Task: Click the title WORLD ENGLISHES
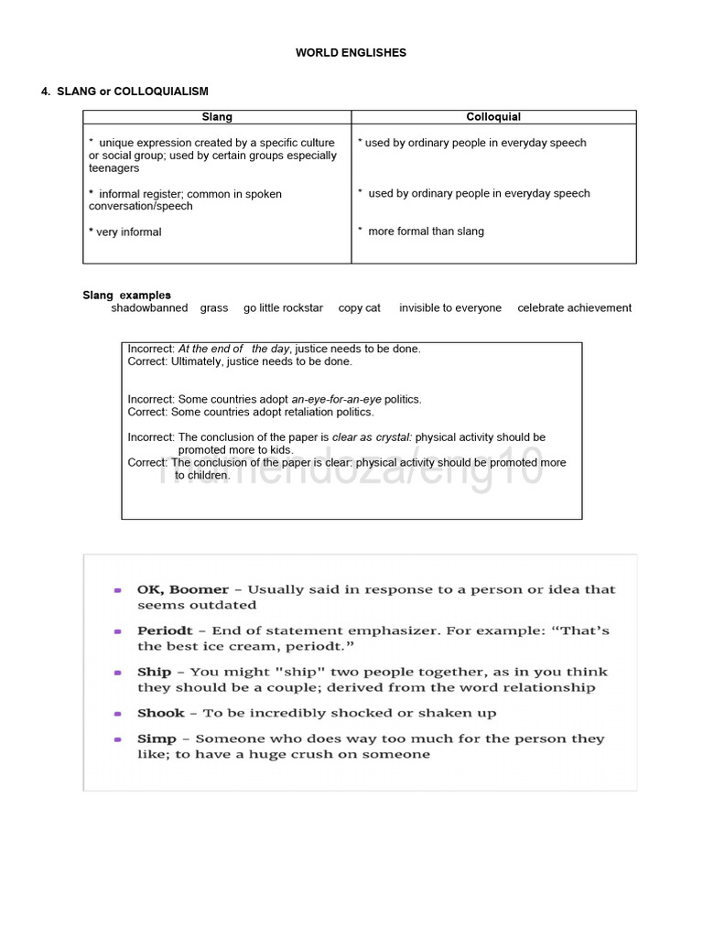click(351, 53)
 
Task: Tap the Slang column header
click(217, 117)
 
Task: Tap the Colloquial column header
click(493, 117)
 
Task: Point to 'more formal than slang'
click(426, 232)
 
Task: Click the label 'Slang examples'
click(126, 296)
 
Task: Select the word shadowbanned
click(149, 308)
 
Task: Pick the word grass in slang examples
click(214, 308)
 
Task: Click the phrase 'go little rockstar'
click(283, 308)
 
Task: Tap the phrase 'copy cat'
click(359, 308)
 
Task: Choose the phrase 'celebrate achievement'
click(574, 308)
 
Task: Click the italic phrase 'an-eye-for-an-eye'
click(336, 400)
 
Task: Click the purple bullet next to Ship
click(118, 673)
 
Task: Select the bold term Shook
click(161, 713)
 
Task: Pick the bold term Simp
click(157, 738)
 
